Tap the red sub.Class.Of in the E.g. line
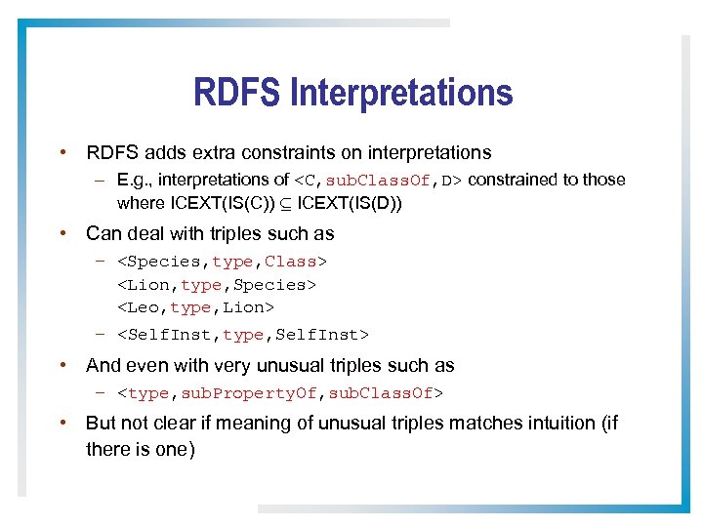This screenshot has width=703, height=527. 380,181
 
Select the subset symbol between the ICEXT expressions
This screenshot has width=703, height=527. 288,203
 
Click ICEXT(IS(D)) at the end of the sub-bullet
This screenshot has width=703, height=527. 343,203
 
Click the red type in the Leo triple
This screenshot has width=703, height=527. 190,307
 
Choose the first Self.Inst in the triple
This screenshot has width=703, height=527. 168,336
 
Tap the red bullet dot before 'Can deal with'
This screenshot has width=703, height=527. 62,233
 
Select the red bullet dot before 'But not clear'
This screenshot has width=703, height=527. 62,423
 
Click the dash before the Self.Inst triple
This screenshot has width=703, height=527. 101,335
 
